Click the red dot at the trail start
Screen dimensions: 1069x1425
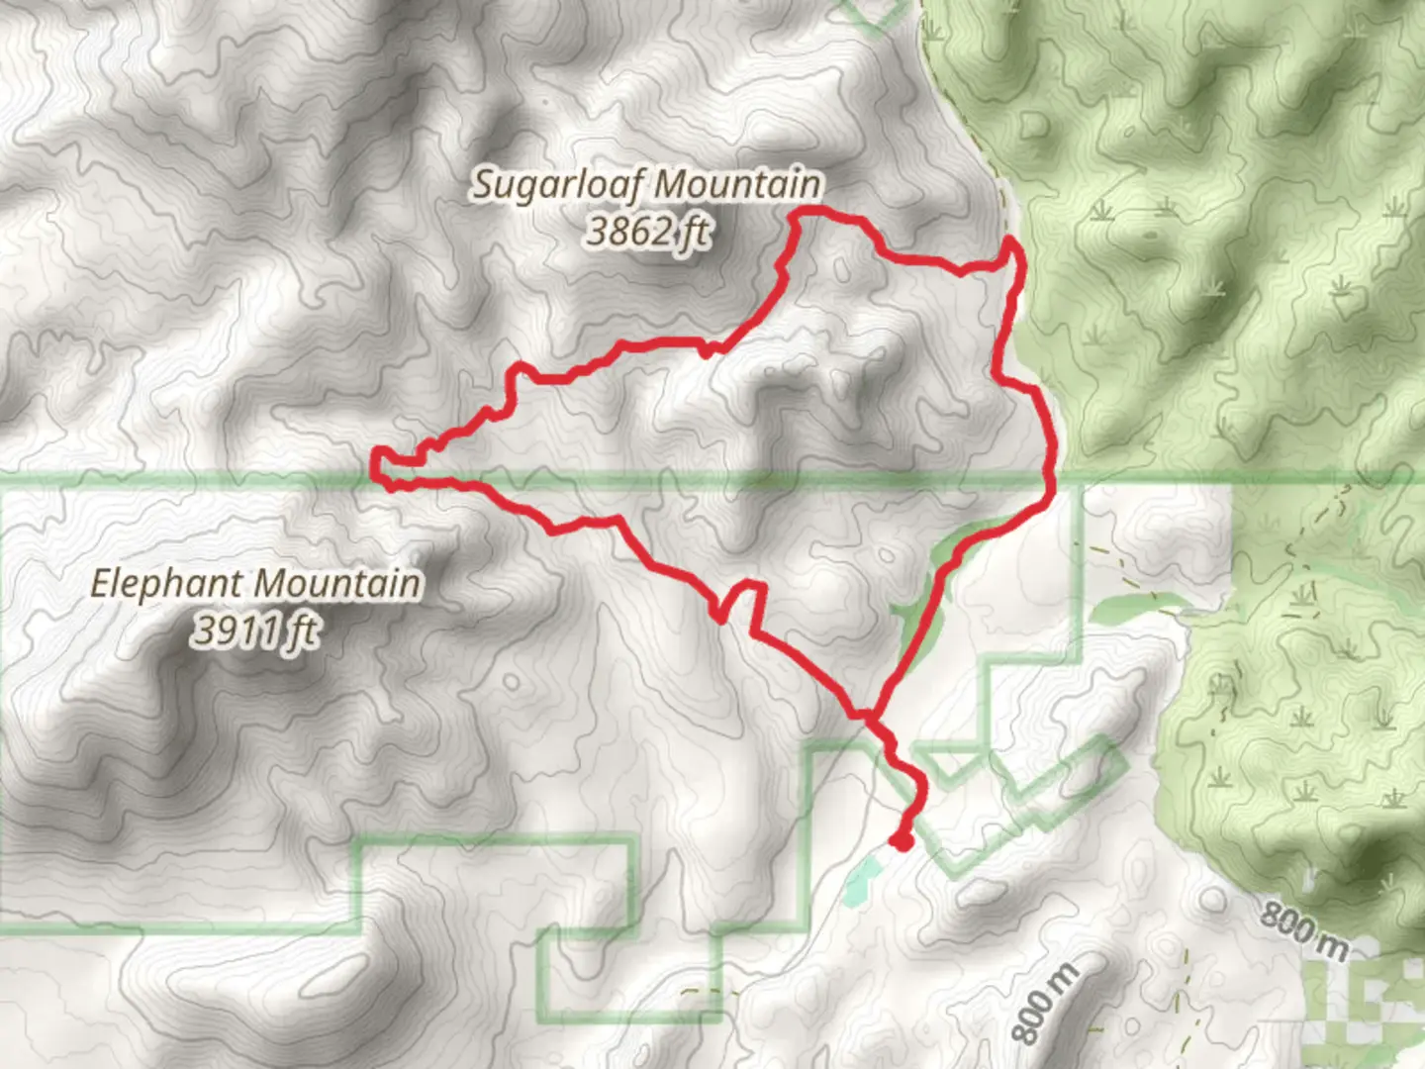point(901,841)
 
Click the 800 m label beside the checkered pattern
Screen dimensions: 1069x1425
point(1303,930)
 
